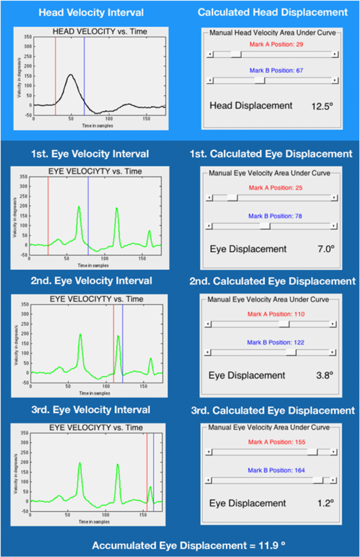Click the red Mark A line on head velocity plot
pyautogui.click(x=56, y=72)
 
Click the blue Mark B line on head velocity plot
pyautogui.click(x=84, y=72)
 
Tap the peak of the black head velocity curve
pyautogui.click(x=71, y=74)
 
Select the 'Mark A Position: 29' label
pyautogui.click(x=276, y=44)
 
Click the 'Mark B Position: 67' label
pyautogui.click(x=276, y=70)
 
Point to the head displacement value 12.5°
pyautogui.click(x=322, y=106)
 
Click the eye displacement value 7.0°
pyautogui.click(x=326, y=249)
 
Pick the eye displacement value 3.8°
pyautogui.click(x=324, y=375)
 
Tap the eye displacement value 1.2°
pyautogui.click(x=326, y=503)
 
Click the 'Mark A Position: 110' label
pyautogui.click(x=276, y=314)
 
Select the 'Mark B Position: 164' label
pyautogui.click(x=276, y=470)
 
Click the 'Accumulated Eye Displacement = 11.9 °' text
pyautogui.click(x=189, y=545)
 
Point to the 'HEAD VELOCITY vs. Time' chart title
pyautogui.click(x=100, y=32)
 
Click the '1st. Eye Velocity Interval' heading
pyautogui.click(x=90, y=154)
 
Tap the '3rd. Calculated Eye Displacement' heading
pyautogui.click(x=273, y=411)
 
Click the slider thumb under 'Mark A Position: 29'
pyautogui.click(x=236, y=54)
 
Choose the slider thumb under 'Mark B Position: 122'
pyautogui.click(x=291, y=352)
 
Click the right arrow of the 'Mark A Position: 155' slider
pyautogui.click(x=334, y=452)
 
